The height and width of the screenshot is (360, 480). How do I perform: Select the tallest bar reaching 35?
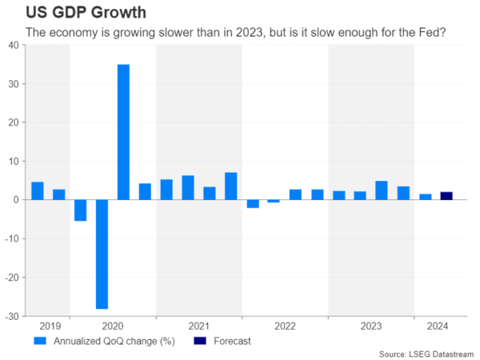coord(123,132)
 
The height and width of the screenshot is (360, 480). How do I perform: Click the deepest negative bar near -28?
coord(102,254)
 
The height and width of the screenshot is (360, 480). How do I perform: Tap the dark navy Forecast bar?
coord(446,196)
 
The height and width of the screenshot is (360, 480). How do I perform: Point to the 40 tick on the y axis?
coord(14,45)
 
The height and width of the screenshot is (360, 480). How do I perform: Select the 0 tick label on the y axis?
coord(17,200)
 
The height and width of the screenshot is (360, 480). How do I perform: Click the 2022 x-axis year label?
coord(285,326)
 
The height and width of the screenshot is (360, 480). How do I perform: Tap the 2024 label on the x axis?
coord(436,326)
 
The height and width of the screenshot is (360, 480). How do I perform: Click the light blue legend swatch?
coord(39,341)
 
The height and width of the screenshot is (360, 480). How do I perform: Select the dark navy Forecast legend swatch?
coord(199,341)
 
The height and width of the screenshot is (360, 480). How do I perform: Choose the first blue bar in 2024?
coord(426,197)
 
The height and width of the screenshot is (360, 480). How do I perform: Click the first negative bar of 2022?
coord(252,203)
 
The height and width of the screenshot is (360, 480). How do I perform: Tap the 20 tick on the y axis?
coord(14,122)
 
